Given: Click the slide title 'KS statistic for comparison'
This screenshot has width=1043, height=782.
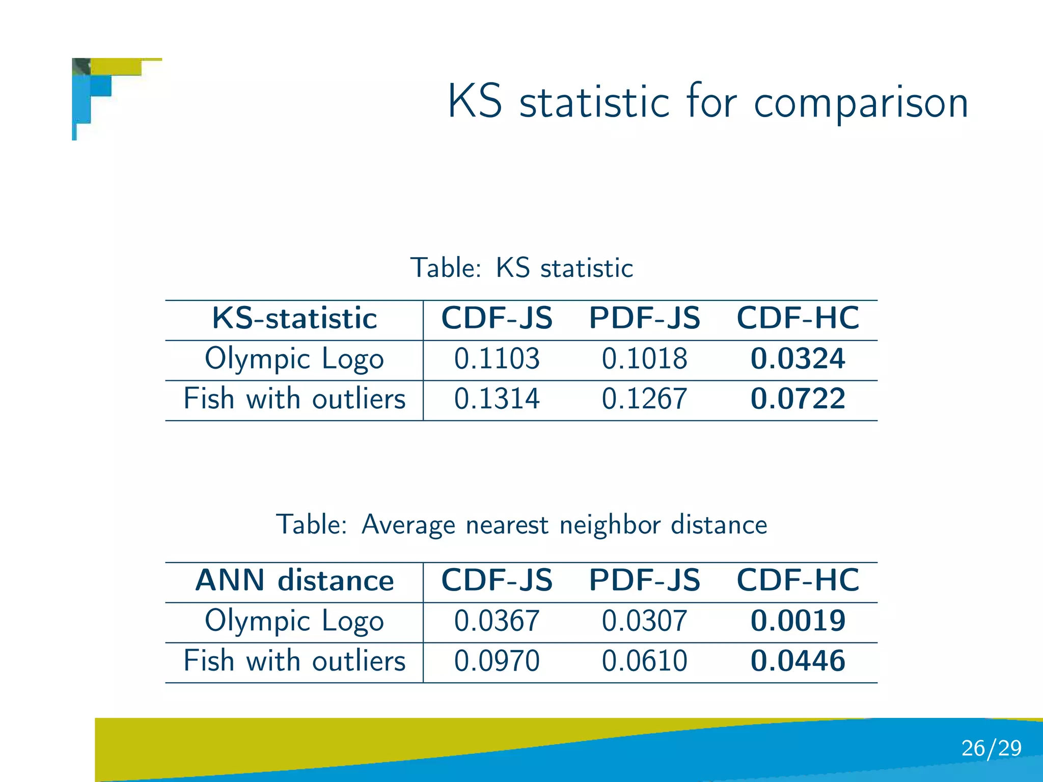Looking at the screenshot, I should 707,102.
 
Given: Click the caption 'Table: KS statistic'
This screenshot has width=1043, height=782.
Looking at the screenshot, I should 521,268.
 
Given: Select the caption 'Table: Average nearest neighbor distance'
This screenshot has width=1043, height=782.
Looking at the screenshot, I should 521,524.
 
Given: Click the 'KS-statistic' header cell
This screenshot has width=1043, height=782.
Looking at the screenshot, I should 294,319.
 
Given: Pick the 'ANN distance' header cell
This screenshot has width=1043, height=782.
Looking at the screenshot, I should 294,580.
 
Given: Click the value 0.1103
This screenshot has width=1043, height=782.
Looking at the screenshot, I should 497,358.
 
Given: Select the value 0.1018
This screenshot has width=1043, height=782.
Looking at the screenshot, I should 644,358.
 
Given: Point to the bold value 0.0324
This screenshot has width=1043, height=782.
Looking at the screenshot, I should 798,358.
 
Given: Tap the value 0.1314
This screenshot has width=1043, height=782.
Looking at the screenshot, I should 497,399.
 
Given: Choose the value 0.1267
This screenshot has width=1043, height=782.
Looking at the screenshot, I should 644,399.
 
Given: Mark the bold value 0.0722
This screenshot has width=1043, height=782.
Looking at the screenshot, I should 798,399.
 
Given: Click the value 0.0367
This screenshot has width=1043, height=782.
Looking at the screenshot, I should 497,621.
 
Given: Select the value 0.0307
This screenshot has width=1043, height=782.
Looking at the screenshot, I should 644,621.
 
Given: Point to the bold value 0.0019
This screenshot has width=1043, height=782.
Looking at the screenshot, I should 798,621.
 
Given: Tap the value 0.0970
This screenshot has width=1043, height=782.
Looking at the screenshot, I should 497,661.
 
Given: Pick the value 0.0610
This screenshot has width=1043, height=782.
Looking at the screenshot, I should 644,661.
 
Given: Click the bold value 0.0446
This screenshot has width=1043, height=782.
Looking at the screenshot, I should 798,661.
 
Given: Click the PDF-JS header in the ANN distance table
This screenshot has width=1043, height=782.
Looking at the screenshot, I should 644,580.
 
